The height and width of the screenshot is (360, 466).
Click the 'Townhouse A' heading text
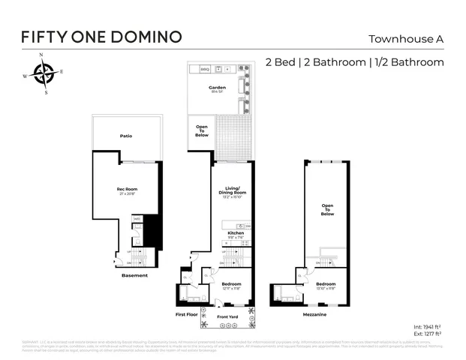click(x=404, y=39)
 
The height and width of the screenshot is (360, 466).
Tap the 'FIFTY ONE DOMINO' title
click(x=101, y=37)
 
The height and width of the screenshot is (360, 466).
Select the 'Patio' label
click(x=127, y=136)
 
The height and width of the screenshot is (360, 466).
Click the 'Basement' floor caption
click(x=134, y=275)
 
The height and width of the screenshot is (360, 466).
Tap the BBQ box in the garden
click(x=204, y=69)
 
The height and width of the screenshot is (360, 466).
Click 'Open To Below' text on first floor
click(x=201, y=130)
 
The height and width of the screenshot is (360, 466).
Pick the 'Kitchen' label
click(x=236, y=233)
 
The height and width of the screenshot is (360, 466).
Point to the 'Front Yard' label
click(x=227, y=317)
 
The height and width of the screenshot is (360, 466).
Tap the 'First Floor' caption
click(x=185, y=314)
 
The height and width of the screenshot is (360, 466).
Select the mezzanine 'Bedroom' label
click(x=326, y=284)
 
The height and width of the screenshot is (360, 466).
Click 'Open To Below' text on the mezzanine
click(x=326, y=210)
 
